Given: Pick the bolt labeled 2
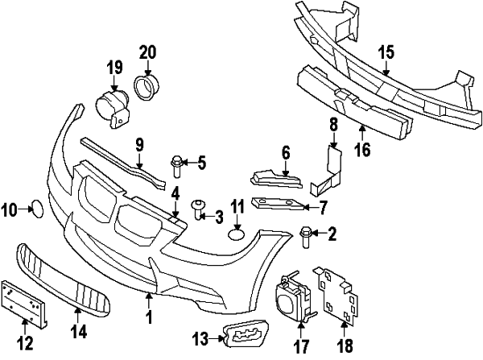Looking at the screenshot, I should point(306,234).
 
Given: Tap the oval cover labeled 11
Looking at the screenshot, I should point(236,234).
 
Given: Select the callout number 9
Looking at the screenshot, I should point(139,146).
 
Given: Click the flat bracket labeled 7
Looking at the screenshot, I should point(278,203).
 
